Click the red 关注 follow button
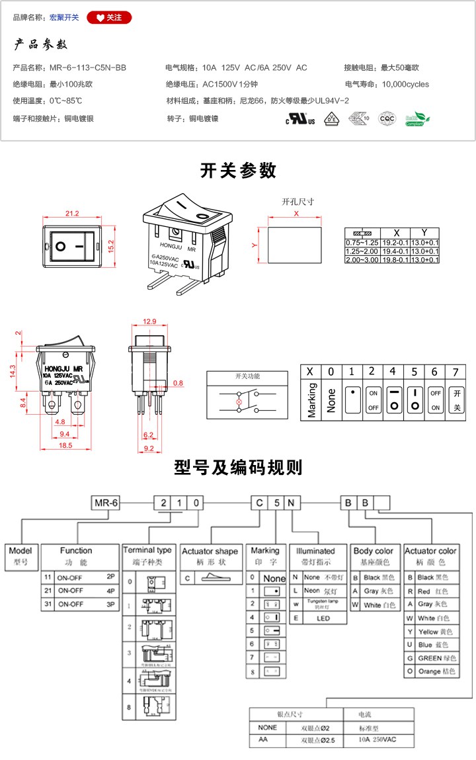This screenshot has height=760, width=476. [x=109, y=17]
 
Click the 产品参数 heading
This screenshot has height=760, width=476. [x=41, y=45]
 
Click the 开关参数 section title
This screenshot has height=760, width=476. [x=238, y=171]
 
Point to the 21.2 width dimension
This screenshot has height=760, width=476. [x=72, y=213]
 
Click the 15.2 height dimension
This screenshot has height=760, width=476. [x=112, y=247]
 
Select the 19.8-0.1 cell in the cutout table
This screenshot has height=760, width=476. [x=396, y=260]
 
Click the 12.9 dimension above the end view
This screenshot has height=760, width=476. [x=149, y=321]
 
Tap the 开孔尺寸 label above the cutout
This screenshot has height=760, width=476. [x=297, y=202]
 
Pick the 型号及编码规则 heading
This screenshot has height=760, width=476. [x=238, y=468]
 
